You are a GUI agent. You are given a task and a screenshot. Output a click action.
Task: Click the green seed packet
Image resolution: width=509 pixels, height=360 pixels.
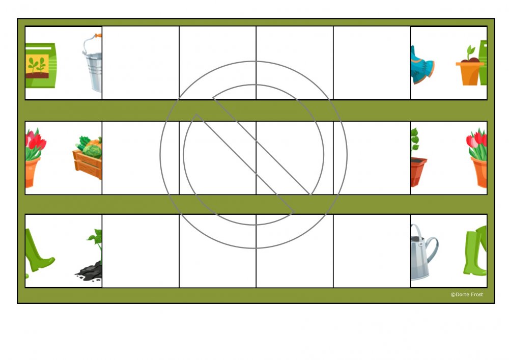41,65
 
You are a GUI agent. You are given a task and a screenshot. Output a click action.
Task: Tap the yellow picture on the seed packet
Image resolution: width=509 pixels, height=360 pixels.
37,66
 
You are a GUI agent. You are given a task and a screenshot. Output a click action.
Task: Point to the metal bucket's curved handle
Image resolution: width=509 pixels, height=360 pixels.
91,42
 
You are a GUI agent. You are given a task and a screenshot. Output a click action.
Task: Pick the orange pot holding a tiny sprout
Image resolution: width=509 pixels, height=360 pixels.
469,73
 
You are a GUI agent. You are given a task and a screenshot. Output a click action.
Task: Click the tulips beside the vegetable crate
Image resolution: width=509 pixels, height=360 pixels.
35,158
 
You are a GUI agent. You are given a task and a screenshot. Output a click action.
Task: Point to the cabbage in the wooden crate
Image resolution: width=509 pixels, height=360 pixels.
92,151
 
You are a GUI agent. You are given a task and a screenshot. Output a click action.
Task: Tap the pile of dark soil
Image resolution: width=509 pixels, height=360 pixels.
89,271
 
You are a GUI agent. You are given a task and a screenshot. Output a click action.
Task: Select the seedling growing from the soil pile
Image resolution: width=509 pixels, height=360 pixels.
96,244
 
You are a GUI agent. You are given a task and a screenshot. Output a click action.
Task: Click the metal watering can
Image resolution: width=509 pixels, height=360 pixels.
423,252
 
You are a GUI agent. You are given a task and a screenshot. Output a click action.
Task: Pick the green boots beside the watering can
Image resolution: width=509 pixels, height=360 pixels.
475,251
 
